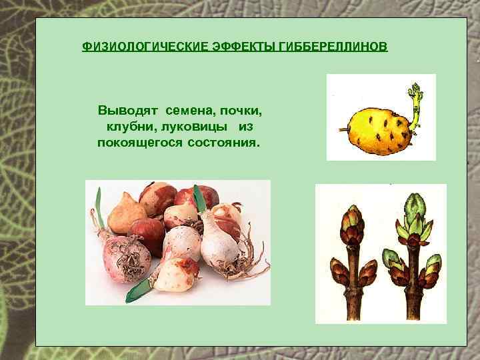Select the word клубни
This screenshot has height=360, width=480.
click(127, 126)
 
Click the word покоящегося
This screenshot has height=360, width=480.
click(133, 143)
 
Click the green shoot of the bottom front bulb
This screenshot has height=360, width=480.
click(142, 288)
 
